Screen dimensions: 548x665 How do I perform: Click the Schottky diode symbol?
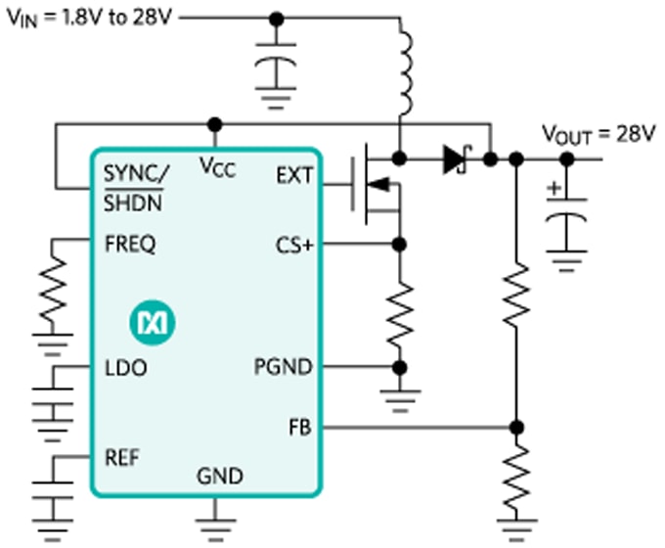pos(456,159)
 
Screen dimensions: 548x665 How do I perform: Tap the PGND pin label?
pos(284,368)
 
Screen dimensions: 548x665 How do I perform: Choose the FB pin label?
pos(299,427)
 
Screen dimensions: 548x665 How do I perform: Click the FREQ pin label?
pos(129,245)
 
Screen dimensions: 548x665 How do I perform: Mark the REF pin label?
pos(121,457)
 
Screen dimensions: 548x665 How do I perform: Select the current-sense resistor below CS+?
pos(399,313)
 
